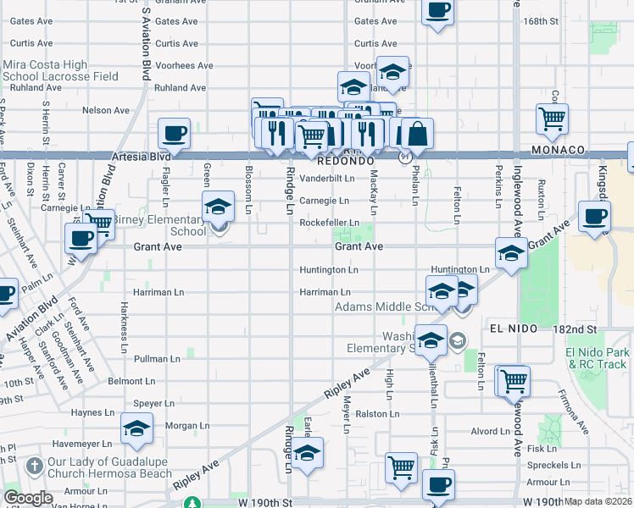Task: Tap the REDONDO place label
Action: point(345,160)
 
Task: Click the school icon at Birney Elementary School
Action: point(218,206)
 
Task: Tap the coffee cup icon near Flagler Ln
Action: point(175,133)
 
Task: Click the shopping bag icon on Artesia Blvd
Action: point(418,133)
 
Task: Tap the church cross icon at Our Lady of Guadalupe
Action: point(33,466)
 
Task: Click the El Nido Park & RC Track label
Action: point(598,358)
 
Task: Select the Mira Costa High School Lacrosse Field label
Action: point(60,69)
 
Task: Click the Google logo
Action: point(28,498)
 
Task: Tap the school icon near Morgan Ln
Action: point(136,428)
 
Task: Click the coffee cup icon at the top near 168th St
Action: point(437,11)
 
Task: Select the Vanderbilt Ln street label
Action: point(326,179)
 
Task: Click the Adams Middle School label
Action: point(381,306)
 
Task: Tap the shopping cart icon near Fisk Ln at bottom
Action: point(401,467)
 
